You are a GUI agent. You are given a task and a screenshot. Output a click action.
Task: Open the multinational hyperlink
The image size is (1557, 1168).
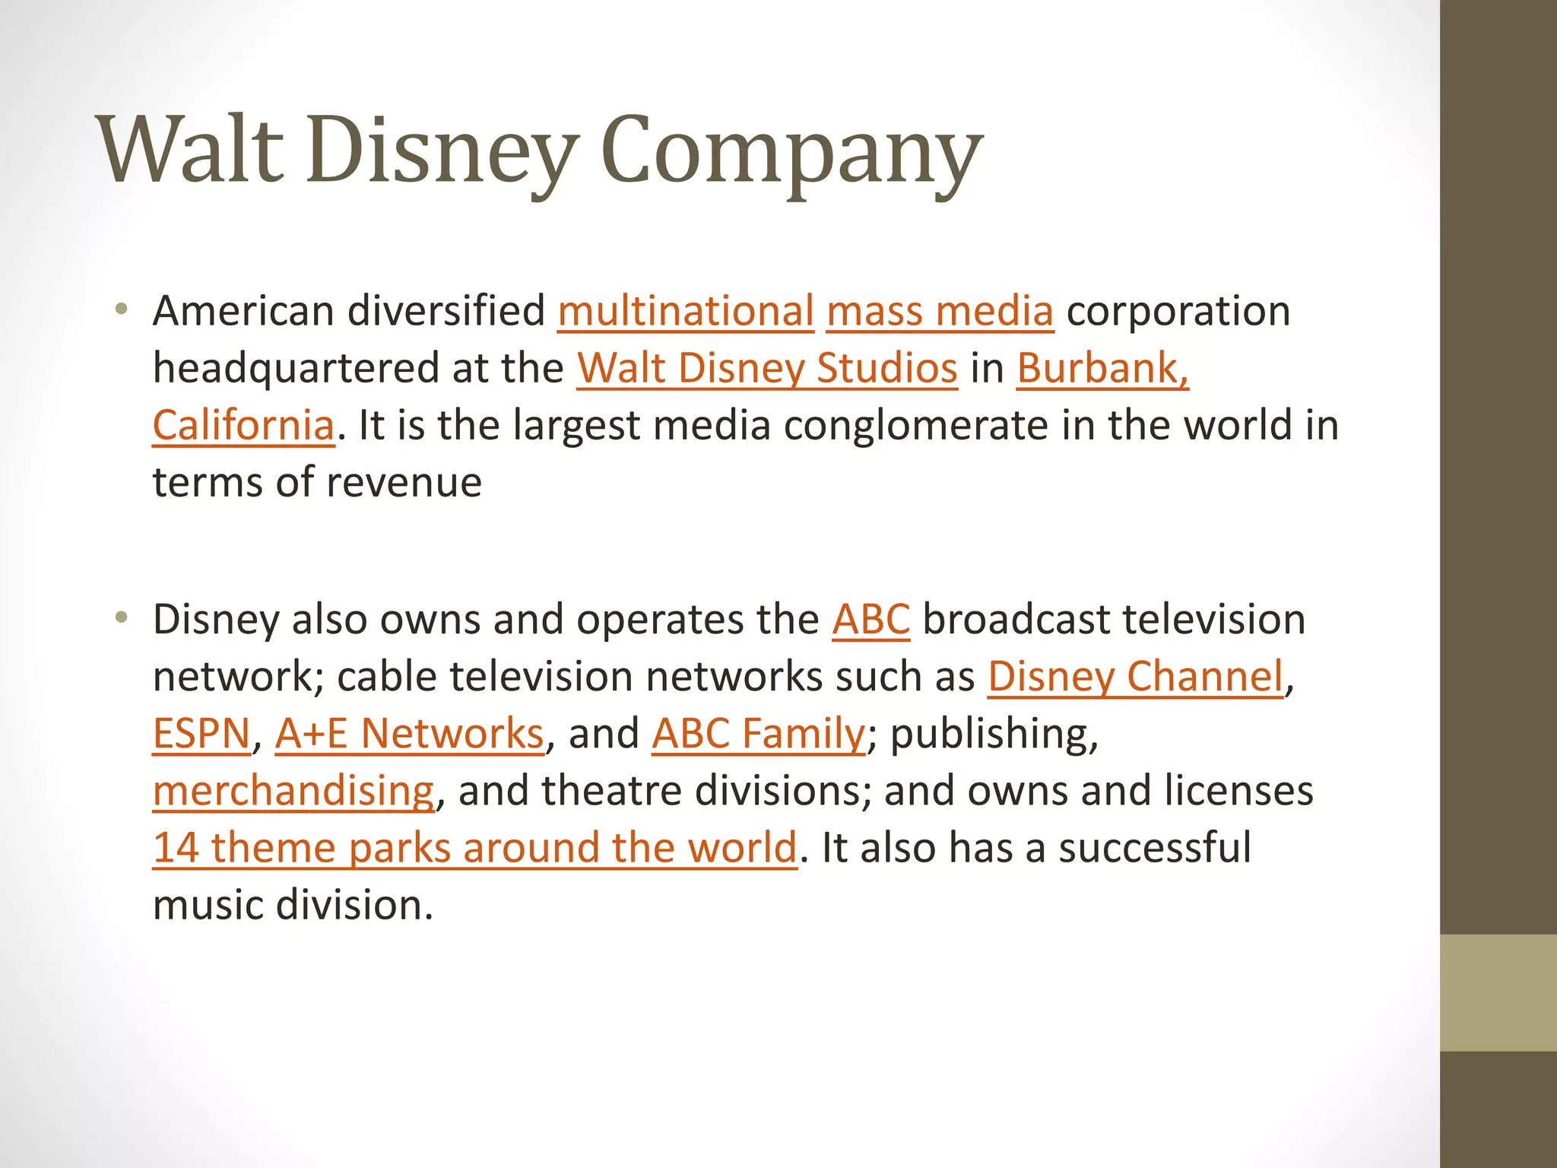click(686, 312)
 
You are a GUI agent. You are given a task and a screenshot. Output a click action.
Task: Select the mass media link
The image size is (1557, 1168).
click(940, 312)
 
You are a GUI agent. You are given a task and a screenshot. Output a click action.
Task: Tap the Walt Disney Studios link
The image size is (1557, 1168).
click(766, 369)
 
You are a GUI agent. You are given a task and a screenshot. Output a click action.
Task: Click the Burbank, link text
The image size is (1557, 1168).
click(1102, 369)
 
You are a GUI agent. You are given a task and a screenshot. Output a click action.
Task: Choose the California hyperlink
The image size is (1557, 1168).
click(243, 426)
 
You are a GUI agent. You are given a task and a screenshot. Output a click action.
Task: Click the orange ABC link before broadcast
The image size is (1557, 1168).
click(870, 620)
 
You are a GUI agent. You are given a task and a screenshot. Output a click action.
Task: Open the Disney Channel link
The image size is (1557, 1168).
click(1135, 677)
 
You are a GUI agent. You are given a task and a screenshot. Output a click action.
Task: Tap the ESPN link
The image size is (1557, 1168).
click(201, 734)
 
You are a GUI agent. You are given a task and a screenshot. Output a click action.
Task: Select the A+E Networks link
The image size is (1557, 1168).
click(409, 734)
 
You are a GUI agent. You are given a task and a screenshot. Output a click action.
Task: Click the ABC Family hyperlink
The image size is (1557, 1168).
click(758, 734)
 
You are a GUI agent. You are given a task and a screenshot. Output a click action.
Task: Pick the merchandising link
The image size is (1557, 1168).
click(293, 791)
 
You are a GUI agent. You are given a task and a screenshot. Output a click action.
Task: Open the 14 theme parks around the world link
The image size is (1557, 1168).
click(475, 848)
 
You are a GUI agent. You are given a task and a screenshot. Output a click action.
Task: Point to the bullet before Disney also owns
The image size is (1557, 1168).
click(121, 617)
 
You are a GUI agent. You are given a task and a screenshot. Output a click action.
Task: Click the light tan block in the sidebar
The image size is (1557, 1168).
click(1498, 992)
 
